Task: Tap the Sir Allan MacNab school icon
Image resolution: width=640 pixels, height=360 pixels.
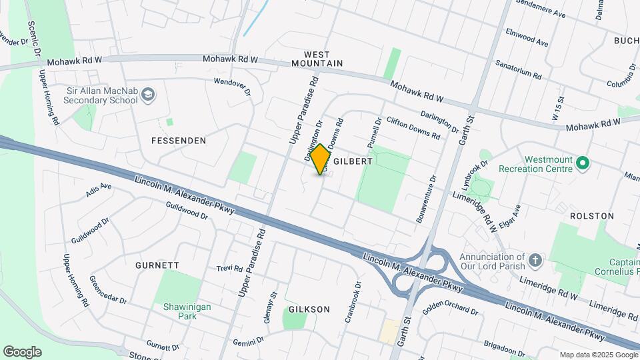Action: [148, 95]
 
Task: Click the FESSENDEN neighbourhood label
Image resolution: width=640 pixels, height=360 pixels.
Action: [179, 141]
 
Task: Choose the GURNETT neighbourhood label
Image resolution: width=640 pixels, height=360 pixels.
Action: [157, 265]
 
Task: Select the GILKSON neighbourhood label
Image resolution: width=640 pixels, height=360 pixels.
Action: [309, 309]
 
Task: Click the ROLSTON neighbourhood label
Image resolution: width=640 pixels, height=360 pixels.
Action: [591, 216]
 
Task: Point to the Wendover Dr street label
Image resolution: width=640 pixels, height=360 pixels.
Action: [232, 86]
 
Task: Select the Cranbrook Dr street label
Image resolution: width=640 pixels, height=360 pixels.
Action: [353, 302]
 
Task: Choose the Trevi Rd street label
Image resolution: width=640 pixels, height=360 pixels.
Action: [229, 268]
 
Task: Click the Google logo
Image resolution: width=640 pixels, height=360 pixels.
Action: [22, 352]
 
